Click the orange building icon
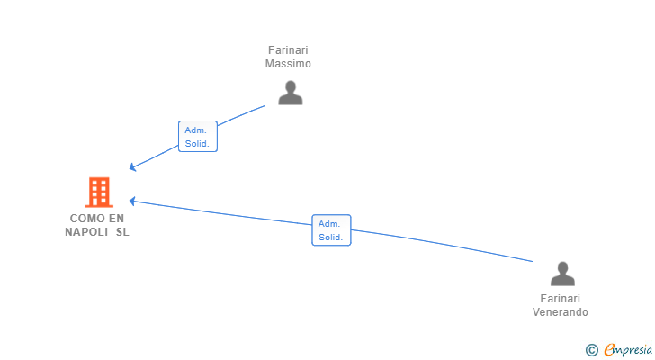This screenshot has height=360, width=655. click(99, 192)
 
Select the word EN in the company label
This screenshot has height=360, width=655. click(116, 219)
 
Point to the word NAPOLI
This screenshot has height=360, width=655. click(86, 232)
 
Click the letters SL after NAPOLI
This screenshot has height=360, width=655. click(122, 232)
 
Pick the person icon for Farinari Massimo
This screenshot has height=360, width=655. click(290, 93)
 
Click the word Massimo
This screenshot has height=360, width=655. click(288, 64)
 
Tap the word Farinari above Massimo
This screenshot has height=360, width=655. click(288, 50)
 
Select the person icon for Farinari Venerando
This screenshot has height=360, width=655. click(561, 274)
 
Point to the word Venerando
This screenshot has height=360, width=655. click(560, 312)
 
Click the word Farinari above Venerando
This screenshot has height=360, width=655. click(560, 299)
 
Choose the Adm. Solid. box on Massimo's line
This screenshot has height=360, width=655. click(197, 136)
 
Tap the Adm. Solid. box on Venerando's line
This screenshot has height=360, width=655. click(330, 230)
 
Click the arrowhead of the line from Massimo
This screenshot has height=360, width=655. click(132, 166)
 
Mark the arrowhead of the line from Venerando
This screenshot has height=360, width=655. click(132, 201)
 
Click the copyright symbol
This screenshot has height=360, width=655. click(591, 350)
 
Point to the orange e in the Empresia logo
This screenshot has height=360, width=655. click(609, 350)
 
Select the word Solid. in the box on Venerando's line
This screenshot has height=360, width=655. click(330, 238)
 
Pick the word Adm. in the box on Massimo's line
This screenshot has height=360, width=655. click(196, 130)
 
